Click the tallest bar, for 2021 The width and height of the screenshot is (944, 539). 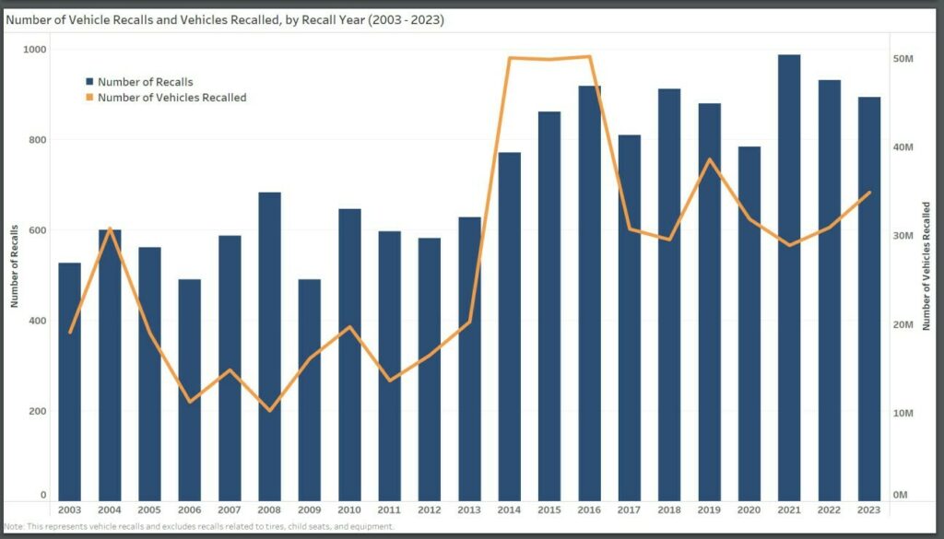point(789,276)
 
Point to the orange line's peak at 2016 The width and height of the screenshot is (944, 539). point(590,57)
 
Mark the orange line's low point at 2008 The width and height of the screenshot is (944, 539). point(269,410)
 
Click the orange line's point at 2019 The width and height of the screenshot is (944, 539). point(709,159)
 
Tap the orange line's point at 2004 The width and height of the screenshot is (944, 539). point(110,228)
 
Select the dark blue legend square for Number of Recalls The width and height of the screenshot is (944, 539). point(89,82)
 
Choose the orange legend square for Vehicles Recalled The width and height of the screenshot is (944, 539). point(89,97)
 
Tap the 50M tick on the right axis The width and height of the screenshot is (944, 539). point(903,58)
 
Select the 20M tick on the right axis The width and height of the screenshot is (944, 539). point(903,324)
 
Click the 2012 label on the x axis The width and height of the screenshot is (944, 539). point(430,510)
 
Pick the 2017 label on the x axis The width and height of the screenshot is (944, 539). point(630,510)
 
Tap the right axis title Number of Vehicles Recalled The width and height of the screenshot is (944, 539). point(927,266)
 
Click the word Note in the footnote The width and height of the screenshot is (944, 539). point(14,526)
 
